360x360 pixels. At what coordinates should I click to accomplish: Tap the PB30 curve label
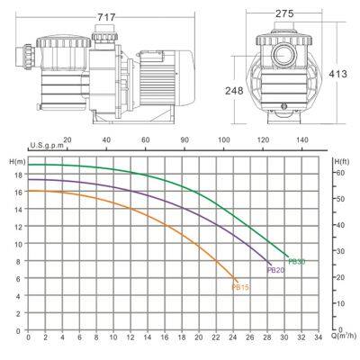click(x=297, y=261)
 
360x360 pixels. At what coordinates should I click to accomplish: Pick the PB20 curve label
click(x=275, y=269)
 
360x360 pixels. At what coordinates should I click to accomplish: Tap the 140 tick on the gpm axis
click(x=303, y=140)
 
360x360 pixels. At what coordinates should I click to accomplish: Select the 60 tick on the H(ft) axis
click(x=340, y=172)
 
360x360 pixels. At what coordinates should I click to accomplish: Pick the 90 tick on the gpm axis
click(x=184, y=140)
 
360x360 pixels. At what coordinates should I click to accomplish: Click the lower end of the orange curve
click(x=237, y=281)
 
